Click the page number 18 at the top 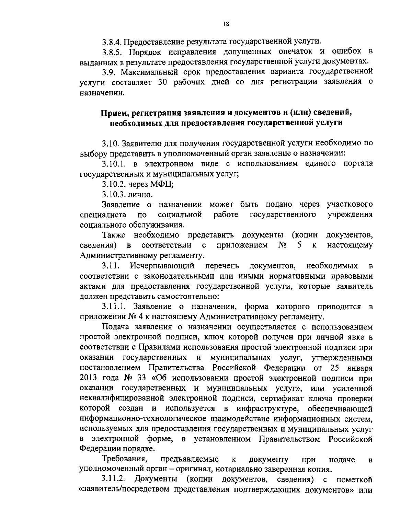(226, 24)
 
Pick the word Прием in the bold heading (111, 112)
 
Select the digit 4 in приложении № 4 (140, 316)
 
